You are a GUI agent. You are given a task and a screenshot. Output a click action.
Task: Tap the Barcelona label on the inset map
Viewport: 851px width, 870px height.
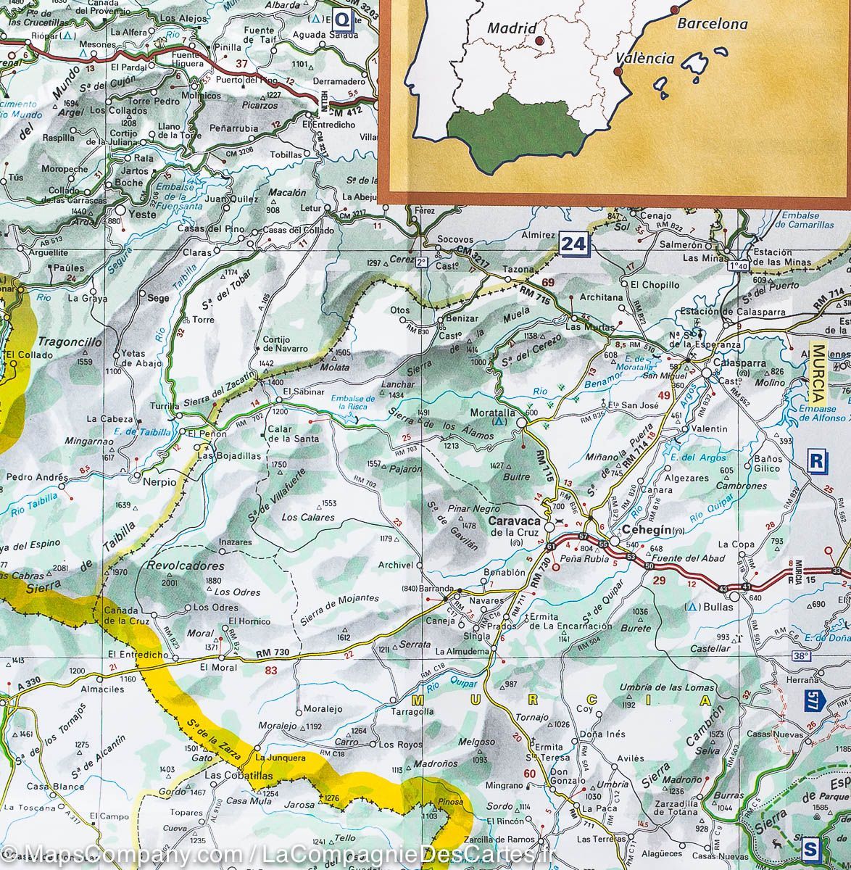[712, 23]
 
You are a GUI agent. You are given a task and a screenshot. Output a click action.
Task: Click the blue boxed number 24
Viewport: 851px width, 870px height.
[573, 244]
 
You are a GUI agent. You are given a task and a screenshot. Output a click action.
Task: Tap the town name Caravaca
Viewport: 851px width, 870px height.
[514, 521]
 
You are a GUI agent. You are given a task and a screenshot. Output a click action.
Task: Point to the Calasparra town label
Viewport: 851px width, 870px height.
[739, 362]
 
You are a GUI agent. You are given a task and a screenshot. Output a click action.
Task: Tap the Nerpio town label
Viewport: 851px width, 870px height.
[159, 481]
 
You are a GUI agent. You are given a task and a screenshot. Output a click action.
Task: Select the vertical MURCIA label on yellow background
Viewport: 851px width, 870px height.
[819, 373]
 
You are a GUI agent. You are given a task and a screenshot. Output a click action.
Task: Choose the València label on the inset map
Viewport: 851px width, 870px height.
[644, 59]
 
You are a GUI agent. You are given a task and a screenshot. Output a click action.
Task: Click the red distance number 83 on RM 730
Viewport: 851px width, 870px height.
[271, 671]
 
